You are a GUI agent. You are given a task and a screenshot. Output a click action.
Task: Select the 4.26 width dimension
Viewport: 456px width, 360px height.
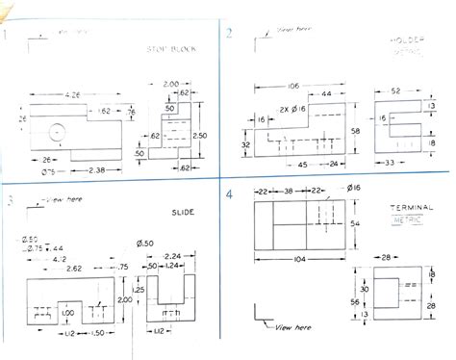tap(72, 94)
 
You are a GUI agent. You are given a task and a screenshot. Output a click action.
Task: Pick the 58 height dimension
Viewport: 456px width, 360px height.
tap(355, 128)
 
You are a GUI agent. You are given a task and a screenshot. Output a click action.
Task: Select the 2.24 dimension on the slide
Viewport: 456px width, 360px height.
tap(172, 257)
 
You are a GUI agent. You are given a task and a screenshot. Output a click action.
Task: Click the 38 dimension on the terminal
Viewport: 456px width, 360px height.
tap(288, 192)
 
